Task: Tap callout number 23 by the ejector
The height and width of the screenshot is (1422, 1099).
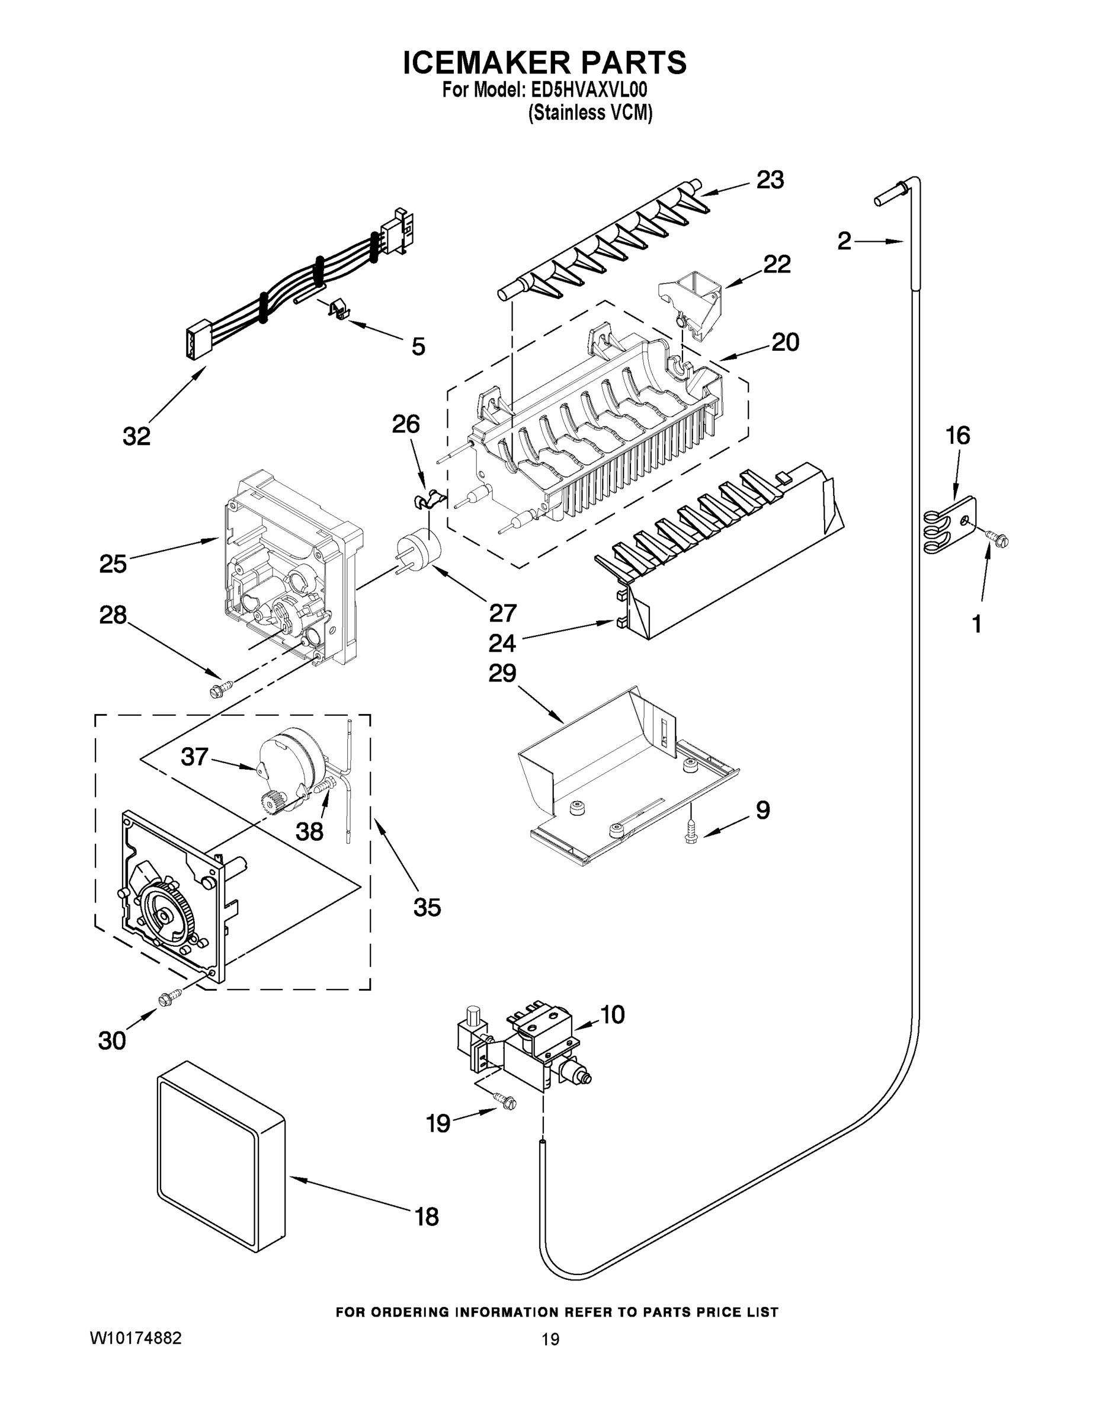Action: (x=770, y=180)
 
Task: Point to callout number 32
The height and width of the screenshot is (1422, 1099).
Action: (x=136, y=435)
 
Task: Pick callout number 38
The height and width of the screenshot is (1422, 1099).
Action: (x=309, y=831)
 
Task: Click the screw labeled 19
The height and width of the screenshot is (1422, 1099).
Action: (x=505, y=1101)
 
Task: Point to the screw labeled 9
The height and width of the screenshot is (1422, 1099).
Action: (x=691, y=835)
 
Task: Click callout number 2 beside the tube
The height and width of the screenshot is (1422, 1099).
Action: (x=844, y=242)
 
